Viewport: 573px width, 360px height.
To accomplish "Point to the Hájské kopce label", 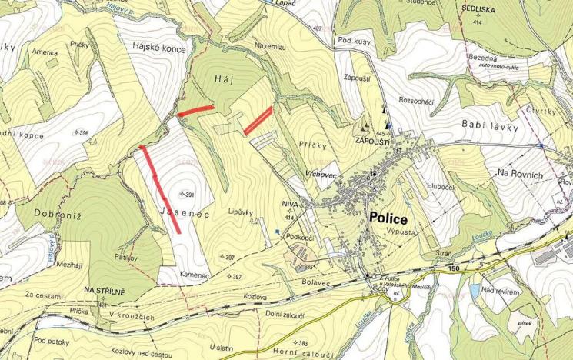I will (162, 48).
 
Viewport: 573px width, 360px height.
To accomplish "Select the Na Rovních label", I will (521, 175).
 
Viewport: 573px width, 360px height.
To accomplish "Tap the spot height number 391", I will (188, 195).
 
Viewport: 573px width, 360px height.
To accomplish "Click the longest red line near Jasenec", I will (160, 188).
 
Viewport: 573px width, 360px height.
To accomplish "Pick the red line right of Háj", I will (258, 121).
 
